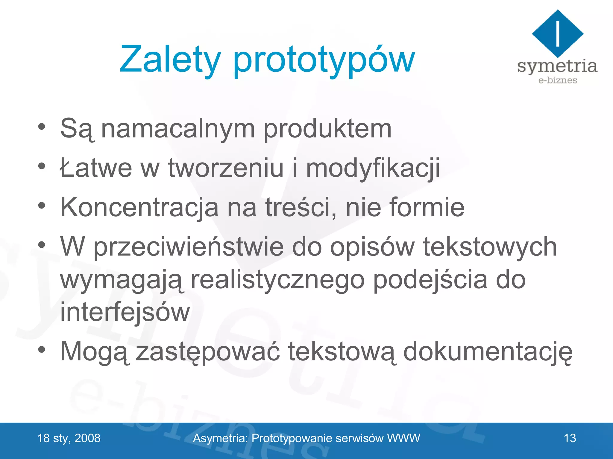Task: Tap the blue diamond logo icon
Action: (x=557, y=33)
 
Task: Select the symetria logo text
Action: (x=557, y=66)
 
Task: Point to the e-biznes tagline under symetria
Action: (x=557, y=80)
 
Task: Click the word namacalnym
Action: (x=178, y=129)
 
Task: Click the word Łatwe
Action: (x=96, y=168)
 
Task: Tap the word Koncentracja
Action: (x=139, y=207)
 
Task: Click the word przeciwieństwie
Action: (x=189, y=247)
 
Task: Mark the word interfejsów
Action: (x=125, y=312)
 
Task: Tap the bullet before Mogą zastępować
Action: (x=42, y=349)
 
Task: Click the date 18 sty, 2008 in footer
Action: (x=69, y=438)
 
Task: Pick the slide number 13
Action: (x=570, y=438)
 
